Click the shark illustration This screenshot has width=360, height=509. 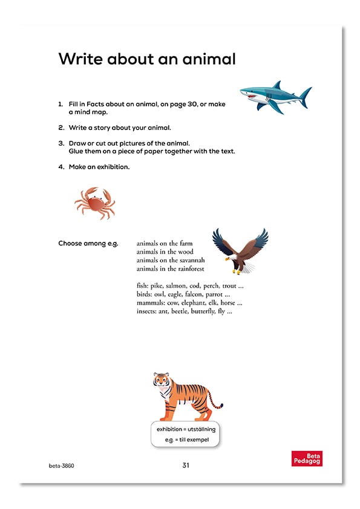pyautogui.click(x=274, y=97)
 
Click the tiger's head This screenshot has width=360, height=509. pyautogui.click(x=162, y=381)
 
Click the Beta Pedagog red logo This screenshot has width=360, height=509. pyautogui.click(x=307, y=458)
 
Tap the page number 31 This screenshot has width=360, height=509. pyautogui.click(x=186, y=465)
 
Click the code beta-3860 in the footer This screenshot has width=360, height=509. pyautogui.click(x=61, y=466)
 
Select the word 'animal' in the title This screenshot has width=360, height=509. pyautogui.click(x=203, y=59)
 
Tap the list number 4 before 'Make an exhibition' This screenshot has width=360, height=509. pyautogui.click(x=61, y=167)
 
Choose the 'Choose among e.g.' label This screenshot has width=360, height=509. pyautogui.click(x=88, y=243)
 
